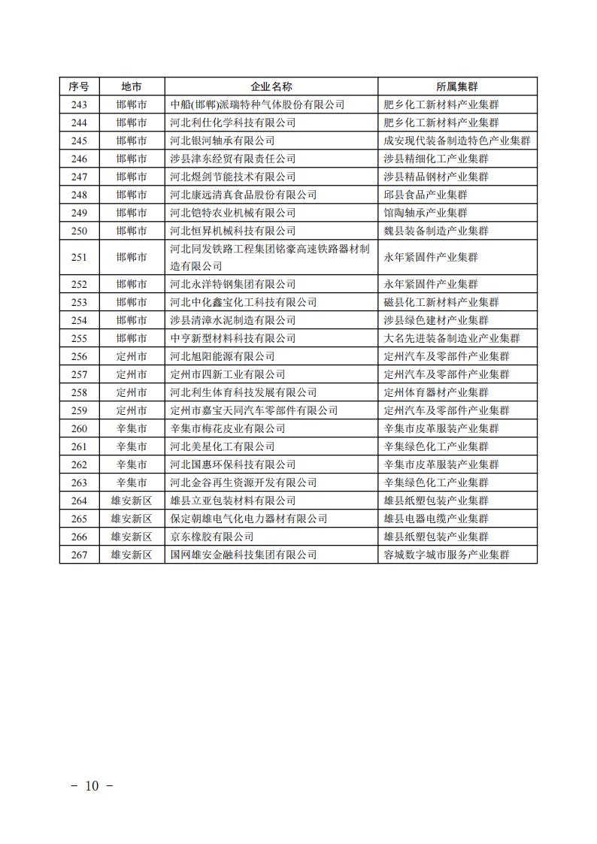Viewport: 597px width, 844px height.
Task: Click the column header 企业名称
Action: click(x=271, y=86)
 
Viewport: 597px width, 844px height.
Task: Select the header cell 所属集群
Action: click(x=457, y=86)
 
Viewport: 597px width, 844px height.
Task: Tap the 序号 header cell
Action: click(x=79, y=86)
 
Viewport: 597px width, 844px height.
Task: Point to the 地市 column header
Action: click(x=132, y=86)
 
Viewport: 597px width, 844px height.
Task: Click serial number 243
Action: click(x=79, y=104)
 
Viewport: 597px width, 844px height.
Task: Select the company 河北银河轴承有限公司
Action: click(x=223, y=141)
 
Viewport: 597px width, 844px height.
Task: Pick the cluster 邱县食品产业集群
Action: click(x=426, y=195)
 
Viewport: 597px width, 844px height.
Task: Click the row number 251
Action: click(x=79, y=257)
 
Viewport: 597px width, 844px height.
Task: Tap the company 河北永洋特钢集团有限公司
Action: click(x=233, y=284)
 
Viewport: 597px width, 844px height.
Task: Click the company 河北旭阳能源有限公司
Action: click(x=223, y=356)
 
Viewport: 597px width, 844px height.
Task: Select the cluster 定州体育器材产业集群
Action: click(x=436, y=392)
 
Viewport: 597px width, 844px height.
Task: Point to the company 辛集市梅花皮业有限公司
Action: click(x=228, y=428)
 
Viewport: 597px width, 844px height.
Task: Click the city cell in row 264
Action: click(x=132, y=501)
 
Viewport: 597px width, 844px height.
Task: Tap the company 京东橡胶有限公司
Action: click(x=212, y=537)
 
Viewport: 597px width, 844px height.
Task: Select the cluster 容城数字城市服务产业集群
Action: click(x=457, y=555)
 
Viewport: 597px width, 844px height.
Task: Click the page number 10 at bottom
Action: click(x=92, y=786)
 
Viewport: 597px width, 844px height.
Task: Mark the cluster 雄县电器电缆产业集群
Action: click(x=436, y=519)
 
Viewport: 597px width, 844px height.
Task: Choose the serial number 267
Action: click(x=79, y=555)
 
